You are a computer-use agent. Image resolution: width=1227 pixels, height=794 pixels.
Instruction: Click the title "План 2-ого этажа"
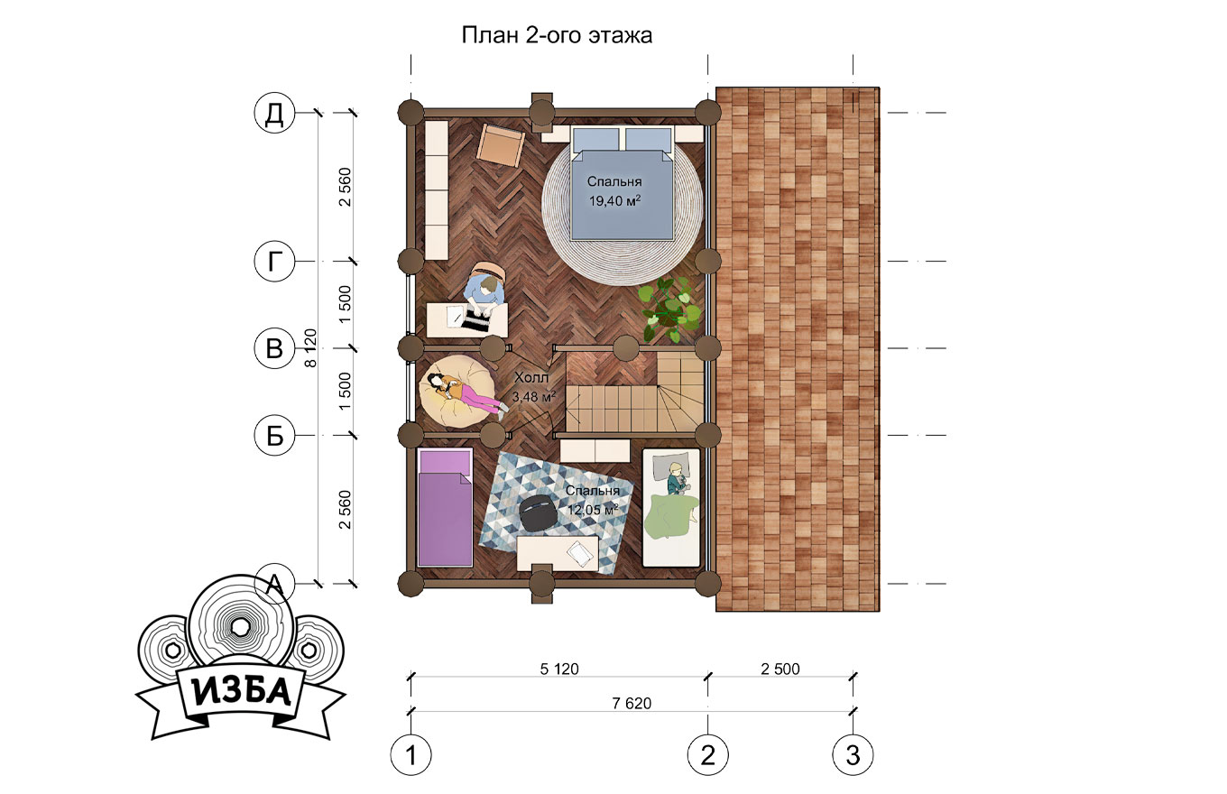pyautogui.click(x=557, y=35)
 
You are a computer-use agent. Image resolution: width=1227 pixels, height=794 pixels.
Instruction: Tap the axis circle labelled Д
pyautogui.click(x=274, y=113)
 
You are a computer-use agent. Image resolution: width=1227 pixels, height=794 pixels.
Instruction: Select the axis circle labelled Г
pyautogui.click(x=274, y=262)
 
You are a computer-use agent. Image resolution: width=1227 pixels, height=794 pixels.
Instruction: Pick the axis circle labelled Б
pyautogui.click(x=274, y=436)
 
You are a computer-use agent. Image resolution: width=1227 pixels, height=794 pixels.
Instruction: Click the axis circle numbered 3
pyautogui.click(x=853, y=755)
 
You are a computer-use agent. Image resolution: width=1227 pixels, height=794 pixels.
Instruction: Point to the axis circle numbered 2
pyautogui.click(x=707, y=755)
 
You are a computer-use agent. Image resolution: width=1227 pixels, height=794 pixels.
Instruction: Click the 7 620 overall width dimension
pyautogui.click(x=632, y=704)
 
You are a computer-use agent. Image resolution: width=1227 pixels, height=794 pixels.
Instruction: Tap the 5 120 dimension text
pyautogui.click(x=559, y=669)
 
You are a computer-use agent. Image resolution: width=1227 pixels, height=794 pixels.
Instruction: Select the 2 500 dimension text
pyautogui.click(x=780, y=669)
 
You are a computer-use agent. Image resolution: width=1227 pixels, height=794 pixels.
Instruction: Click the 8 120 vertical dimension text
pyautogui.click(x=310, y=348)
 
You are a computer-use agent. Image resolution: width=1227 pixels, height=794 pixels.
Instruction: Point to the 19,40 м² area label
pyautogui.click(x=614, y=201)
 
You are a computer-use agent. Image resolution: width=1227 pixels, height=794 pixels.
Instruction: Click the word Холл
pyautogui.click(x=531, y=377)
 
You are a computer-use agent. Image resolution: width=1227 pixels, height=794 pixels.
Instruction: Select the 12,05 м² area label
pyautogui.click(x=593, y=510)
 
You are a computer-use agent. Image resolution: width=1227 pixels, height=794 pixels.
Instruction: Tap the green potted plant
pyautogui.click(x=670, y=309)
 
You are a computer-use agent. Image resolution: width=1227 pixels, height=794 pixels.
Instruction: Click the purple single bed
pyautogui.click(x=445, y=507)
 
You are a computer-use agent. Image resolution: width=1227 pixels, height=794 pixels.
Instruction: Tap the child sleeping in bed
pyautogui.click(x=677, y=479)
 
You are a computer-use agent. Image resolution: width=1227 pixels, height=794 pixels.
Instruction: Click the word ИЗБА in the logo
pyautogui.click(x=240, y=694)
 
